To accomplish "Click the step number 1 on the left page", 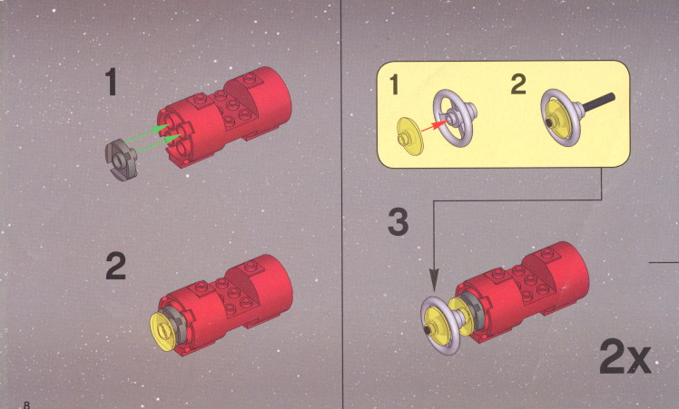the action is tap(112, 83).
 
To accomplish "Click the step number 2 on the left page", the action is tap(115, 266).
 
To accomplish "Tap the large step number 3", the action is tap(398, 222).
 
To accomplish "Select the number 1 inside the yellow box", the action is tap(394, 84).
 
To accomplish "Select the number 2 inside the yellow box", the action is tap(518, 84).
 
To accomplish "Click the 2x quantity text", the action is tap(625, 357).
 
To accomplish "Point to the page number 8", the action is tap(27, 405).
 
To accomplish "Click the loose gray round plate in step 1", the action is tap(121, 160).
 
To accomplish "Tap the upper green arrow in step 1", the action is tap(146, 133).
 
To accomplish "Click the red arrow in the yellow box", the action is tap(434, 126).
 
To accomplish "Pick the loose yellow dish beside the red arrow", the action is tap(408, 136).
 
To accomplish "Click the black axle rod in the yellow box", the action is tap(599, 104).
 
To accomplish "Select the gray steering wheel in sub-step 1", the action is tap(455, 117).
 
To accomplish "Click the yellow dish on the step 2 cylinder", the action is tap(164, 332).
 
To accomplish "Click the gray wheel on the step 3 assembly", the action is tap(440, 325).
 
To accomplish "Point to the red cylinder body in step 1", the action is tap(225, 117).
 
